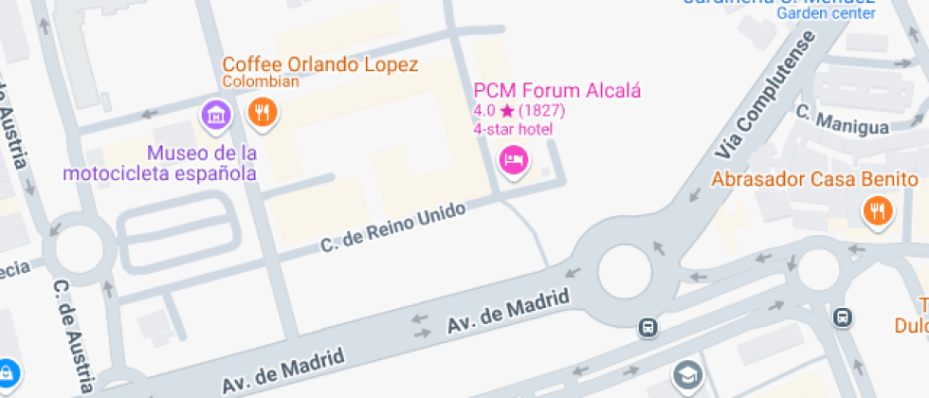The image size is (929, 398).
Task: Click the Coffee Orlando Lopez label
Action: pyautogui.click(x=319, y=64)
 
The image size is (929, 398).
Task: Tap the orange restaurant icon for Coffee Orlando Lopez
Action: pyautogui.click(x=262, y=115)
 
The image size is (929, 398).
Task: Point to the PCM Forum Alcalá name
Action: pyautogui.click(x=557, y=91)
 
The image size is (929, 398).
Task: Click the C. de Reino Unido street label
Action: pyautogui.click(x=393, y=228)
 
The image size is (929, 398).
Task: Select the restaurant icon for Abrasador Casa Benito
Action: pyautogui.click(x=874, y=211)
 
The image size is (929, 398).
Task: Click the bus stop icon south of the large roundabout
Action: pyautogui.click(x=648, y=328)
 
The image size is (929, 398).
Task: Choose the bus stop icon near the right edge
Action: pyautogui.click(x=842, y=317)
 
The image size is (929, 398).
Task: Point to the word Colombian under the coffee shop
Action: pyautogui.click(x=261, y=81)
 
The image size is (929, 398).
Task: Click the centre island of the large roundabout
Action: pyautogui.click(x=625, y=271)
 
